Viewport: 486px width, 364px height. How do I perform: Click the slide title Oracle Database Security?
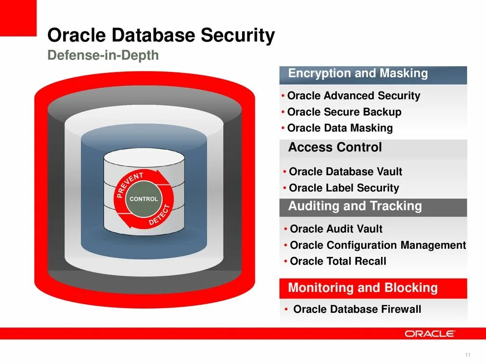point(161,36)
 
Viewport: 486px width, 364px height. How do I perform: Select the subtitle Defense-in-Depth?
point(103,55)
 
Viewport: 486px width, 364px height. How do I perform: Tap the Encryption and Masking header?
point(358,73)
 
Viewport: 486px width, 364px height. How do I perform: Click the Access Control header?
point(335,147)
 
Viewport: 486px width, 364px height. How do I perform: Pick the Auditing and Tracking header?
point(355,206)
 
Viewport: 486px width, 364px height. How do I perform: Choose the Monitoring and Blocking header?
point(363,288)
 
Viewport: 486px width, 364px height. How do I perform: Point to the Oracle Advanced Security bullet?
point(354,96)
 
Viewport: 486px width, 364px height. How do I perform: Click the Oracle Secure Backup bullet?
point(344,112)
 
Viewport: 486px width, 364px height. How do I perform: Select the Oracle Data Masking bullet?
point(340,128)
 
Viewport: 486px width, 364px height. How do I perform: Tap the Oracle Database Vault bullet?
point(346,172)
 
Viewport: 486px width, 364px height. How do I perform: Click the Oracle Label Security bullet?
point(344,188)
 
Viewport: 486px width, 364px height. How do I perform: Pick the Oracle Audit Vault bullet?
point(336,229)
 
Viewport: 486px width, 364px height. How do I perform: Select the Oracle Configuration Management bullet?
point(378,245)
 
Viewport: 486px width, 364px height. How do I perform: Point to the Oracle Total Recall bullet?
point(338,261)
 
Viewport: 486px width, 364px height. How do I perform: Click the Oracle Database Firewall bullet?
point(357,309)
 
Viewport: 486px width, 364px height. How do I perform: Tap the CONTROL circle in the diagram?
point(144,199)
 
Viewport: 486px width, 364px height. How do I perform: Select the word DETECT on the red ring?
point(159,215)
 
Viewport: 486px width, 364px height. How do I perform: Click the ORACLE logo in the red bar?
point(430,334)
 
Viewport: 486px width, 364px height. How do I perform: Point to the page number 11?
point(467,355)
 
